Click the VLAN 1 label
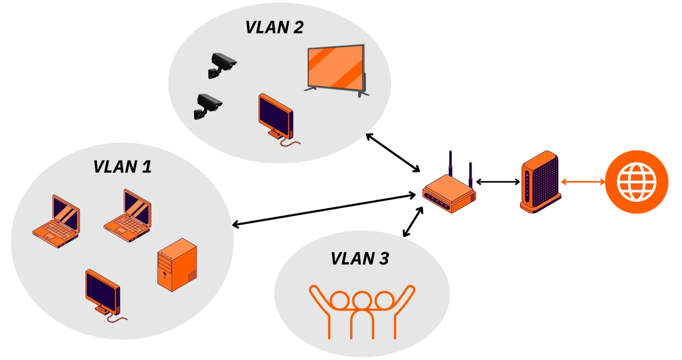pos(123,167)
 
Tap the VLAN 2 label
pos(274,27)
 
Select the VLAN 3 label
pos(360,258)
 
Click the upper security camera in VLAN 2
pos(222,64)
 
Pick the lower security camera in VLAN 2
pos(207,105)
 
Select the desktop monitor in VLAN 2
pos(276,117)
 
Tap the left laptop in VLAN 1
pos(56,222)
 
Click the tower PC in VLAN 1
pos(177,265)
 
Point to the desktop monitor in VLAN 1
pos(103,292)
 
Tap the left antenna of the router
pos(450,162)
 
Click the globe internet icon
pos(636,182)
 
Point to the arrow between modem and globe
pos(582,182)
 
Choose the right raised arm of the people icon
pos(406,296)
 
